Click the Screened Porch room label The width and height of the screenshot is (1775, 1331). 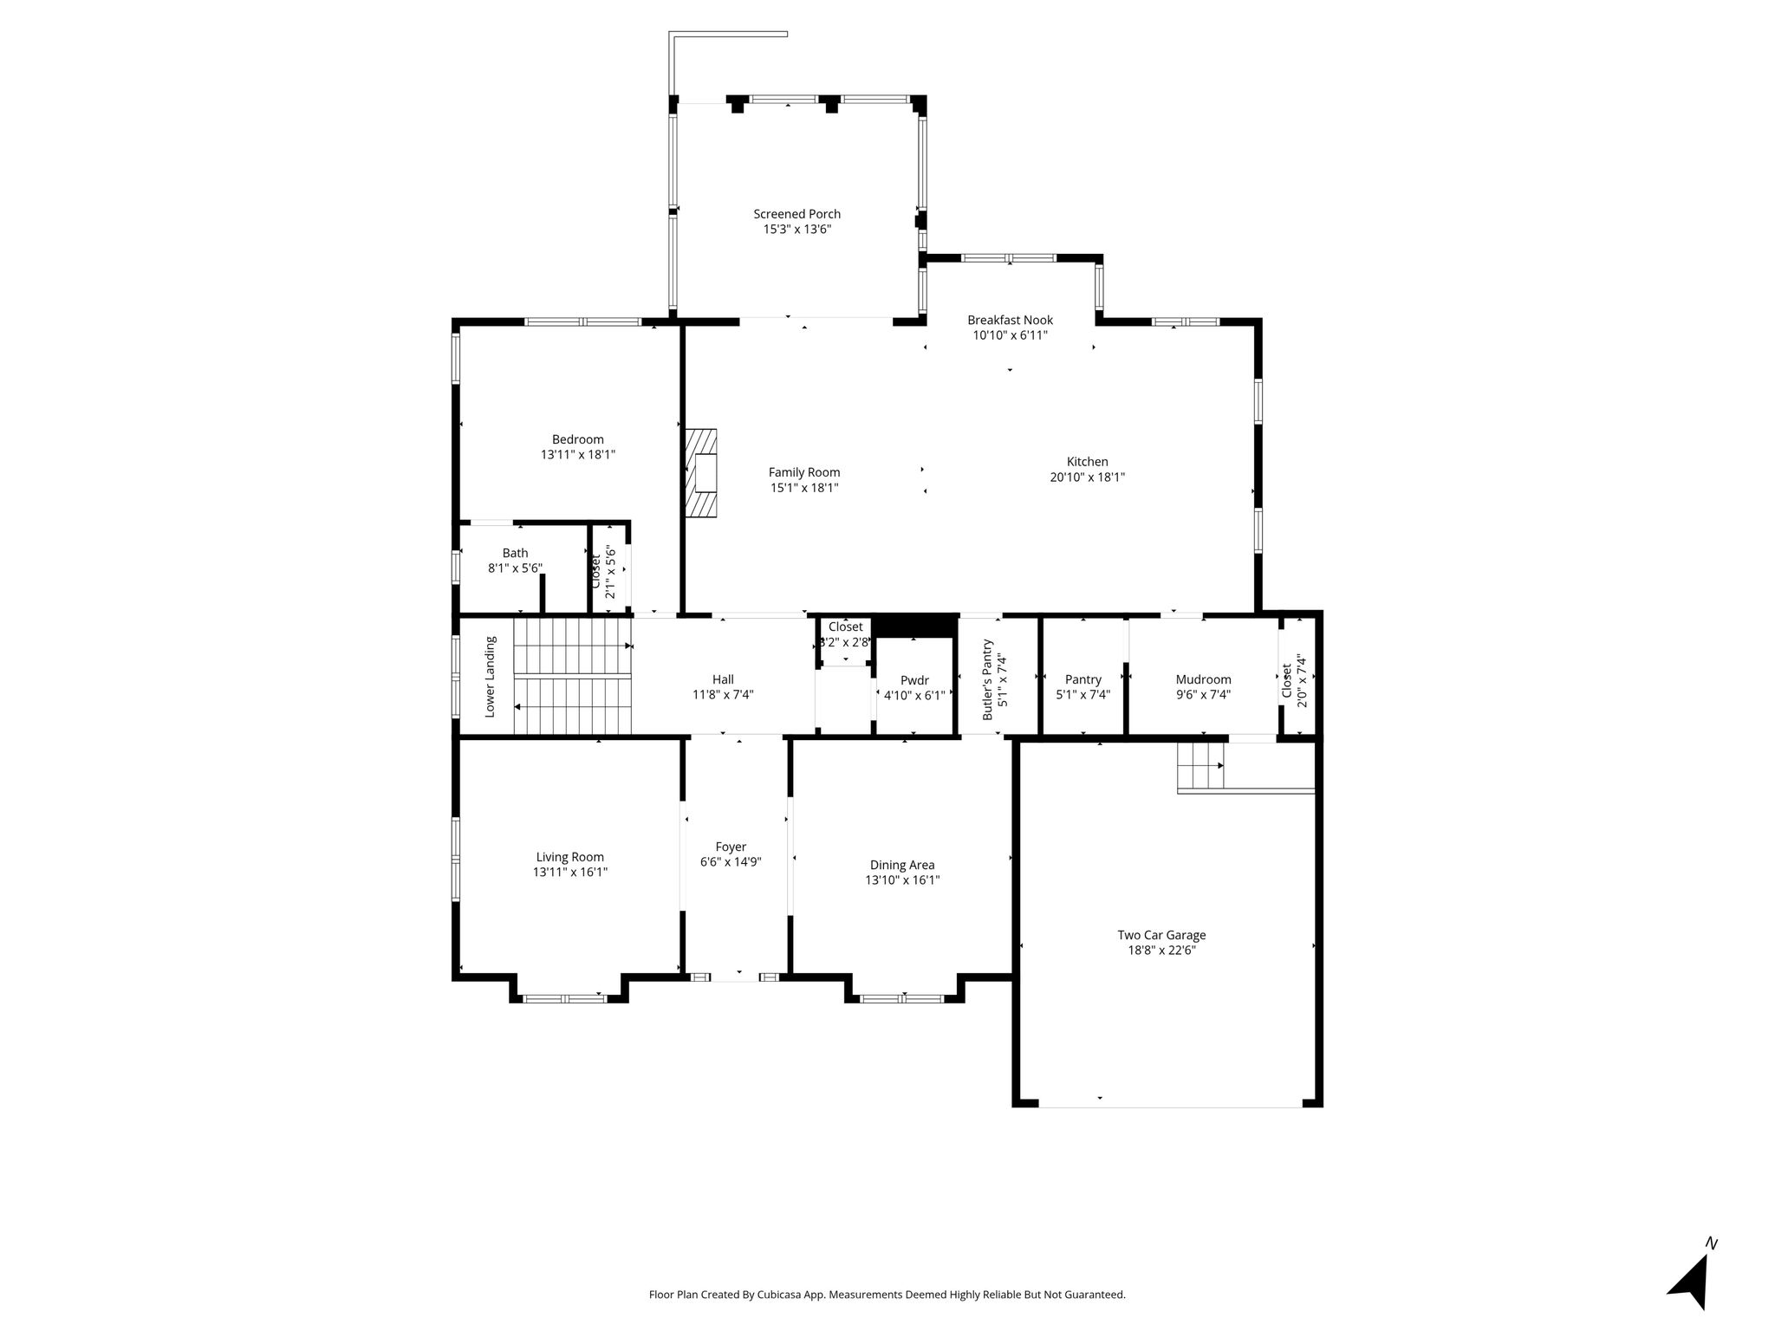[x=796, y=214]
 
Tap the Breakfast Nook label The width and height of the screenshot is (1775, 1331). [x=1010, y=321]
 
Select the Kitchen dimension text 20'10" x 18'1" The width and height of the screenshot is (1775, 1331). [x=1087, y=477]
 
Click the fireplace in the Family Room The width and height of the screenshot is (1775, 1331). [x=702, y=473]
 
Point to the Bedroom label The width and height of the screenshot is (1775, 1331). [x=578, y=439]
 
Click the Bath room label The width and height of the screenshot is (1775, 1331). [x=515, y=553]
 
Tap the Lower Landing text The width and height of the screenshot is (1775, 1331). [x=491, y=677]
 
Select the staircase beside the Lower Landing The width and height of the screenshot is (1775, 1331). [x=572, y=676]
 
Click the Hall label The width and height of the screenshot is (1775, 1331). [x=723, y=679]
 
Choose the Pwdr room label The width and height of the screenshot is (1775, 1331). [x=914, y=680]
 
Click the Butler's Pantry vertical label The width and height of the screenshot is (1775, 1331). [x=987, y=680]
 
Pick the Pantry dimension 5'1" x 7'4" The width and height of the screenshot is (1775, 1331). [x=1083, y=694]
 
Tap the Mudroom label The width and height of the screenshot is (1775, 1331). [x=1203, y=679]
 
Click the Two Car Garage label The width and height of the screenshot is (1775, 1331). [x=1161, y=935]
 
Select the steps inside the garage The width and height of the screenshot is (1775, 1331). [x=1200, y=767]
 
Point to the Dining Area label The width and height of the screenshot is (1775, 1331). [x=902, y=865]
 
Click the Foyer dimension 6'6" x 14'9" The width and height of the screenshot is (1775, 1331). [x=731, y=861]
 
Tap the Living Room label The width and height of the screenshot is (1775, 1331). [x=569, y=857]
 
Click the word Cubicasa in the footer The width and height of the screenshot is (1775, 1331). [x=778, y=1295]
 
